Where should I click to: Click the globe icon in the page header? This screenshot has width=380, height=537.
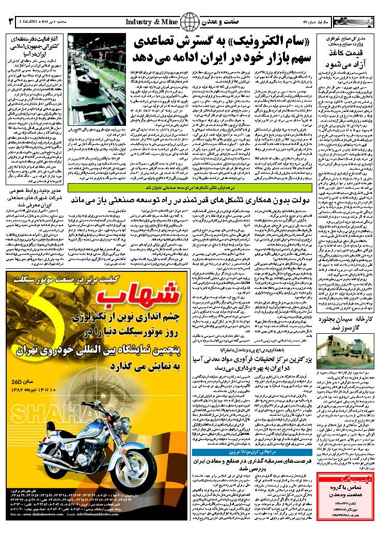[190, 23]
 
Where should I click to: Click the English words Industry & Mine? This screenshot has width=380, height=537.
[152, 23]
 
